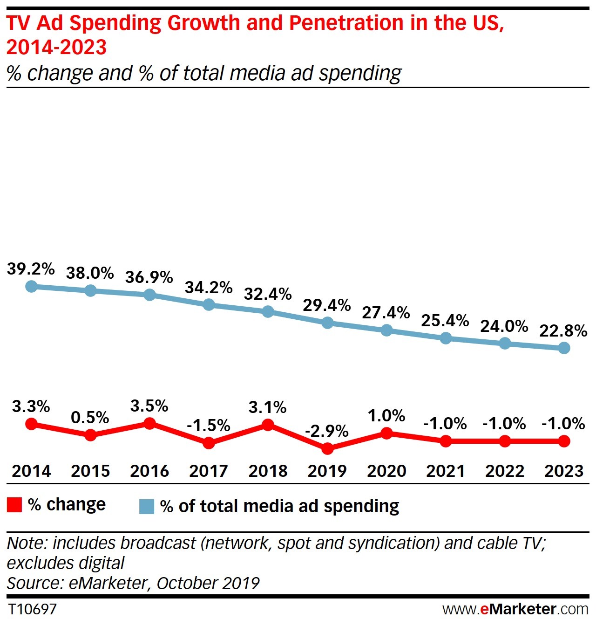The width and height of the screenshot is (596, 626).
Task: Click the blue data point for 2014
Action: point(31,286)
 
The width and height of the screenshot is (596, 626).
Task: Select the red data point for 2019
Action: point(327,448)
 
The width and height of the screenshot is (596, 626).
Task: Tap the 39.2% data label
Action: point(31,269)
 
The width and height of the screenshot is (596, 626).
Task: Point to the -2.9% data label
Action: point(326,431)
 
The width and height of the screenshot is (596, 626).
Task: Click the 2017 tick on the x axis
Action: point(209,471)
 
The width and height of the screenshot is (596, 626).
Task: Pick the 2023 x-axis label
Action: point(563,471)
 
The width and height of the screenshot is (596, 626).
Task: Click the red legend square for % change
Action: point(14,505)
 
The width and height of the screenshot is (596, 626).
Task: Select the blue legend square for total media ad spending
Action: point(147,507)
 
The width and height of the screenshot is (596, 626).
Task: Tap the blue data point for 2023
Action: point(564,348)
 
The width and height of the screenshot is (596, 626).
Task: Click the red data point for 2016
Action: point(149,423)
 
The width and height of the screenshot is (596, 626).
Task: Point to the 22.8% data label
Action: point(563,331)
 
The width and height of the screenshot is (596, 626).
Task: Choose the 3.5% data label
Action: point(149,406)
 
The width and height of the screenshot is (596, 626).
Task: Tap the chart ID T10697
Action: point(32,609)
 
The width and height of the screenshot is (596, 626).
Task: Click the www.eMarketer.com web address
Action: point(515,609)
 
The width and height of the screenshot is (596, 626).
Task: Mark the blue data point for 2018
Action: point(268,311)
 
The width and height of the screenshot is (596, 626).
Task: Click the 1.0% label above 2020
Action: point(386,416)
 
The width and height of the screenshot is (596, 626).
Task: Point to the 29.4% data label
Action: point(326,305)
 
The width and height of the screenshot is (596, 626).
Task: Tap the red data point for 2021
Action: point(446,441)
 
